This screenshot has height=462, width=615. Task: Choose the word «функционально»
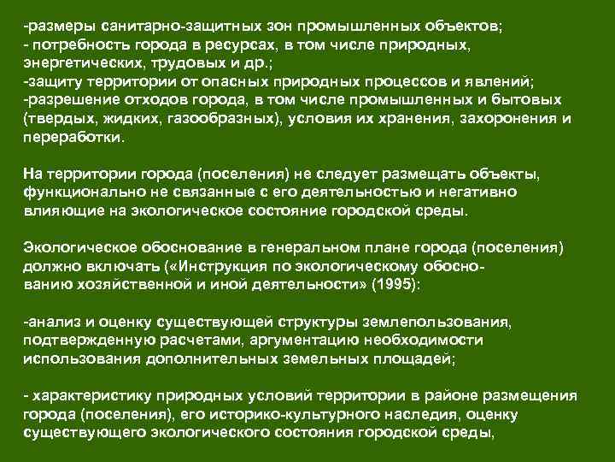pos(76,192)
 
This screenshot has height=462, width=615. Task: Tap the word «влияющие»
pos(55,210)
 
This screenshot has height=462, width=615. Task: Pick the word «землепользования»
pos(438,323)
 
